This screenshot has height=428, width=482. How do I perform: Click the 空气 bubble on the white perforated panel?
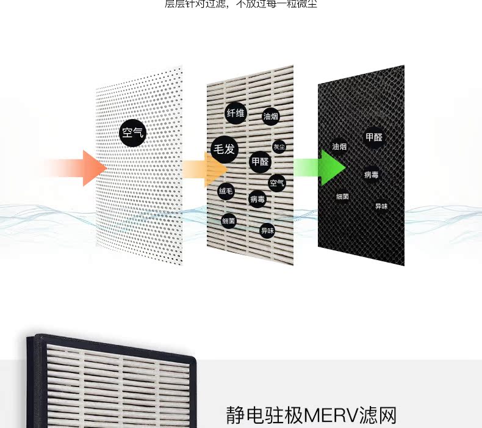point(132,132)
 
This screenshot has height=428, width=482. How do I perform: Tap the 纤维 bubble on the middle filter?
point(236,113)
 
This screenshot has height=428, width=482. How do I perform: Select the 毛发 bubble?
point(223,148)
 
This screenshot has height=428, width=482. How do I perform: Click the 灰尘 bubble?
point(279,147)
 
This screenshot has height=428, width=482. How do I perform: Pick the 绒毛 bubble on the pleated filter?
point(226,191)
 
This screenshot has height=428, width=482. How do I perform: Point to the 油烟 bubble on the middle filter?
point(271,116)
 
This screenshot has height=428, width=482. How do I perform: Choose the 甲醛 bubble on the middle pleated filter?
point(260,162)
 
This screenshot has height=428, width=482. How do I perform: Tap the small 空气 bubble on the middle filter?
point(276,183)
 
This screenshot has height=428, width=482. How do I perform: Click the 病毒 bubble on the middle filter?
point(257,198)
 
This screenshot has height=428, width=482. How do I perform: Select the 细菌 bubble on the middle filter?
point(229,220)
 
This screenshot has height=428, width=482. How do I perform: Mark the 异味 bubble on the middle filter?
point(267,230)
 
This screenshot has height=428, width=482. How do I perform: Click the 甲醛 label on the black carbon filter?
point(374,137)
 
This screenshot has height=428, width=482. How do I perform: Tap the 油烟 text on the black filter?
point(340,147)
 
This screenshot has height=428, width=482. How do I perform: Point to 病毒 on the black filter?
point(372,175)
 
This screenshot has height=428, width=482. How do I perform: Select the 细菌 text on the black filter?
point(343,197)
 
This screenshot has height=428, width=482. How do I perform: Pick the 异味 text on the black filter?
point(381,206)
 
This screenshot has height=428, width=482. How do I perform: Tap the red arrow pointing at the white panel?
point(79,167)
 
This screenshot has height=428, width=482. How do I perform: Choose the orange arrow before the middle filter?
point(204,167)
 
